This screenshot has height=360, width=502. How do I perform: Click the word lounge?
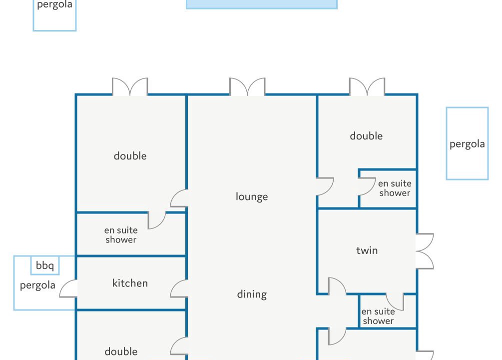(x=252, y=196)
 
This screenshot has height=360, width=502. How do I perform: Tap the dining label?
(x=252, y=294)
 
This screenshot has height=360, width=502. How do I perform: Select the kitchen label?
(x=130, y=283)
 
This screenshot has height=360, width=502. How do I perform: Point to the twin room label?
(x=367, y=250)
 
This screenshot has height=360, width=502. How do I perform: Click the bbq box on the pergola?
(x=45, y=265)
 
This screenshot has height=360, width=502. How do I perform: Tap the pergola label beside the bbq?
(x=37, y=285)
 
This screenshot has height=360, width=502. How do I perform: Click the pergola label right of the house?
(x=467, y=144)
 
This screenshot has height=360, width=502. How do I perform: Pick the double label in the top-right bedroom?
(x=366, y=136)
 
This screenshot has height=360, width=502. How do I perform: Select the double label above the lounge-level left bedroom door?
(x=130, y=156)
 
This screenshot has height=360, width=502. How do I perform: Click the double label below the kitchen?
(x=121, y=351)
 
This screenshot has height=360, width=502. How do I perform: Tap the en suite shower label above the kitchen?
(x=121, y=234)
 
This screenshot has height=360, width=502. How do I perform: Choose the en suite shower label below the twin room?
(x=378, y=316)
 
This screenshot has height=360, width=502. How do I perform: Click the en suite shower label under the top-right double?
(x=395, y=188)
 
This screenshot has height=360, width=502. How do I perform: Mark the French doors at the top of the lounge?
(x=247, y=86)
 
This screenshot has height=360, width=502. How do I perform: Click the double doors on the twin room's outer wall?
(x=425, y=251)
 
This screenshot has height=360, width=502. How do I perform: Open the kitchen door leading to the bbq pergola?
(x=68, y=288)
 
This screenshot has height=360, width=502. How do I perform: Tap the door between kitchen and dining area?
(x=179, y=288)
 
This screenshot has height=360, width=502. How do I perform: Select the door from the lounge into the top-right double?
(x=325, y=186)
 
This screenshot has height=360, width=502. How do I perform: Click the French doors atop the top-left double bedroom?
(x=130, y=86)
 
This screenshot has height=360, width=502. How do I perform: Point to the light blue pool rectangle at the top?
(x=262, y=4)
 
